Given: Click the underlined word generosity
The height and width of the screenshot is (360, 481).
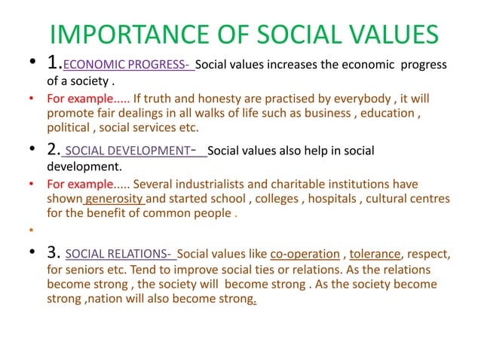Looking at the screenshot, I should click(114, 199).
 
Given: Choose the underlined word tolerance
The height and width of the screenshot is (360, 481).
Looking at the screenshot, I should click(375, 253).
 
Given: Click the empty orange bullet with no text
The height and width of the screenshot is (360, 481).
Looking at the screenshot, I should click(33, 229).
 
